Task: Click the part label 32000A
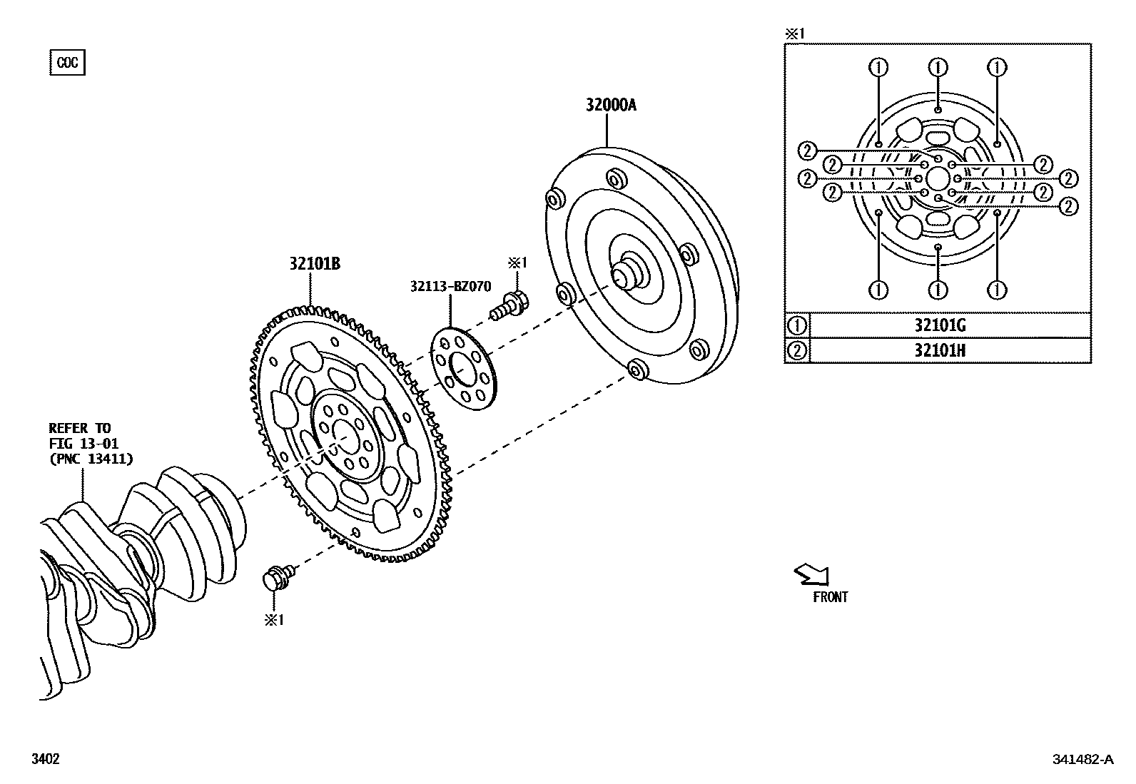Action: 611,106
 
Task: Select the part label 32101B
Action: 315,264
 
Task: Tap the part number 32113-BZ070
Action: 450,287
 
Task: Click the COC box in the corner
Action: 67,63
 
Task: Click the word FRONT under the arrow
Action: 831,598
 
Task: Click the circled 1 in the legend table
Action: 797,325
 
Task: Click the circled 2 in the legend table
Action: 797,350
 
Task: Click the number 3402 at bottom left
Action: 45,759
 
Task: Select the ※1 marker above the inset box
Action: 794,34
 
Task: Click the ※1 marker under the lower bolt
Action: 274,620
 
